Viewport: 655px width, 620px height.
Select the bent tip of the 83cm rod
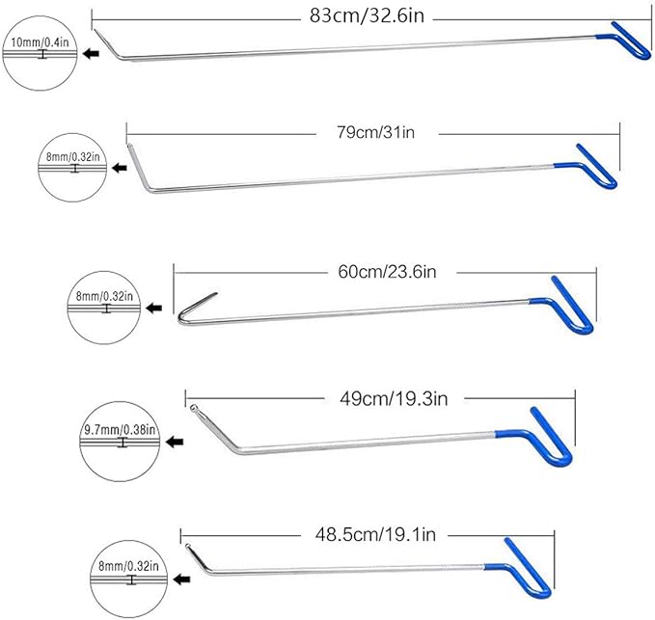point(117,45)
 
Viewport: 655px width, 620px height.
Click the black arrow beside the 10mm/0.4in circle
point(92,54)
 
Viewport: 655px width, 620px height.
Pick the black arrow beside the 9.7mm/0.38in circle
point(177,443)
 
